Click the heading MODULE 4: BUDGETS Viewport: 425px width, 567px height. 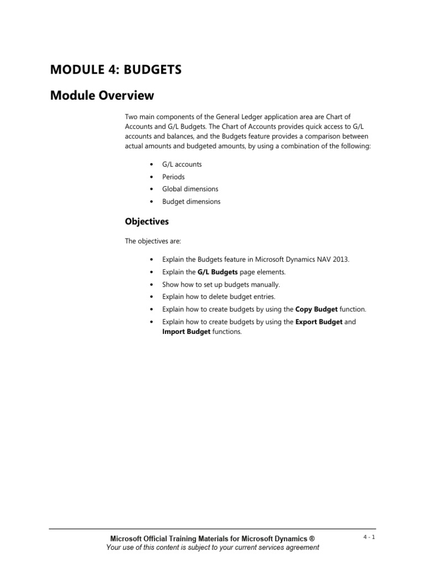[116, 70]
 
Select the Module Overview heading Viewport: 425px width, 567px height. [102, 95]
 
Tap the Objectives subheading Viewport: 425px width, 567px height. [147, 221]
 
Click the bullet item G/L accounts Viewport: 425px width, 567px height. [182, 164]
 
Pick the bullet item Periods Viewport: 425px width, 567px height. [173, 177]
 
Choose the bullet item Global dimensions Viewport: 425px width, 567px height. [190, 189]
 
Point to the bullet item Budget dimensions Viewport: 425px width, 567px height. [191, 202]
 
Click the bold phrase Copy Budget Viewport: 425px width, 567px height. [317, 309]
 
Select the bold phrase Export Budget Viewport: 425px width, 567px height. [319, 322]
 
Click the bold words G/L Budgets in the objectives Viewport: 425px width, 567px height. [217, 272]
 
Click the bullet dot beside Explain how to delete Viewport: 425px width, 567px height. [152, 297]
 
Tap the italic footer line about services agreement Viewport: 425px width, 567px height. [212, 547]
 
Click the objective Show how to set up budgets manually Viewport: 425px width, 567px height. [221, 284]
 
